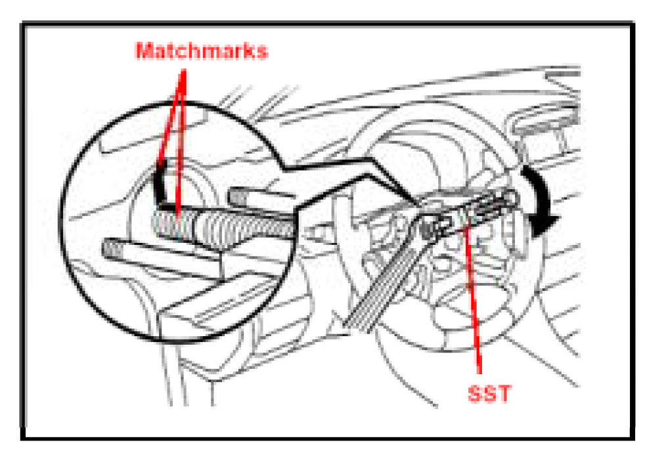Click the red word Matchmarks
pos(202,51)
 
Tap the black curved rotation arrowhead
pos(544,223)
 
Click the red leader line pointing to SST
pos(476,302)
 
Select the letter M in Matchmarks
pos(143,51)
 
